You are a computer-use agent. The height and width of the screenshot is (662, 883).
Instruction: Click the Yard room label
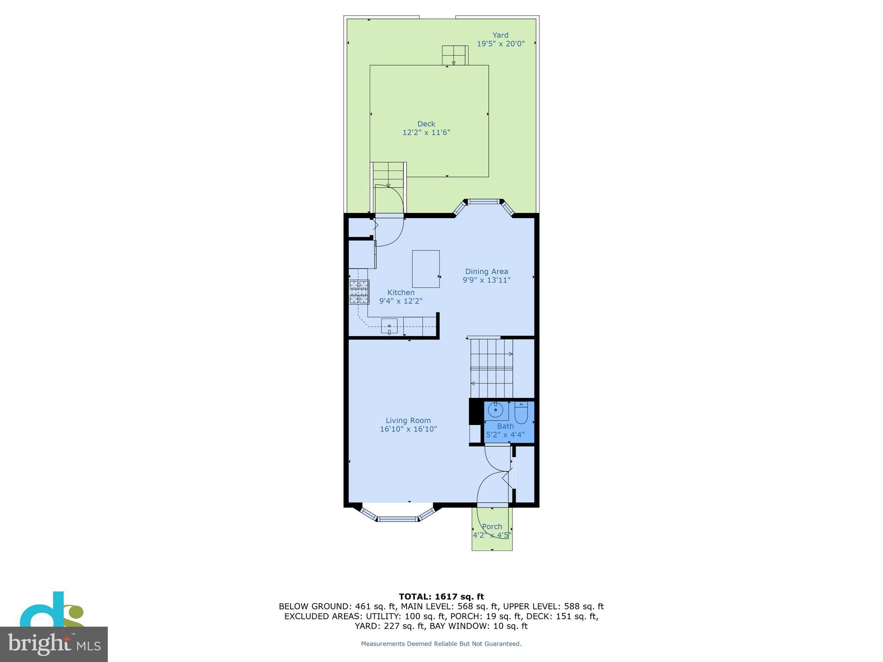point(500,35)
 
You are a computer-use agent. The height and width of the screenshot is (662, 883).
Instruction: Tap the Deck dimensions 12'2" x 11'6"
point(426,133)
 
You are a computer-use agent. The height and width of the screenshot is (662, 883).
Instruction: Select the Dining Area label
point(486,272)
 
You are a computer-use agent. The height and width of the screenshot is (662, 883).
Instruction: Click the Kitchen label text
point(401,293)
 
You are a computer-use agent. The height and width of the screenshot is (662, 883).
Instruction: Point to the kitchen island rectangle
point(426,269)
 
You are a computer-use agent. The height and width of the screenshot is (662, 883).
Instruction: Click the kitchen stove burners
point(359,292)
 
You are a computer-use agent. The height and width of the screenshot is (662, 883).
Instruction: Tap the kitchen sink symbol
point(389,326)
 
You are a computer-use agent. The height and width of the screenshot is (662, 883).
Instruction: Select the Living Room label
point(408,421)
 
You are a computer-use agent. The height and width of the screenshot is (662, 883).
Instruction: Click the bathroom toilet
point(521,413)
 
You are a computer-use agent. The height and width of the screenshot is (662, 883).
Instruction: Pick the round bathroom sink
point(495,410)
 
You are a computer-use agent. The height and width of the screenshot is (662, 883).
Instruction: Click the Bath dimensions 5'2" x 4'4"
point(505,435)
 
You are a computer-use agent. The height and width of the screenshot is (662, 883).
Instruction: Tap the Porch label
point(492,527)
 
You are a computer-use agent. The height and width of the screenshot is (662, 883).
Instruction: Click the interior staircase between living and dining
point(492,368)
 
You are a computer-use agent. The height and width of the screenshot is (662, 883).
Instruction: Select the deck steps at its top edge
point(454,55)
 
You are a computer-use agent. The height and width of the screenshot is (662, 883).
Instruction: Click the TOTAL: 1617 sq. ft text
point(441,597)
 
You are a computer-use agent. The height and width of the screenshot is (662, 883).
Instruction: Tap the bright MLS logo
point(53,644)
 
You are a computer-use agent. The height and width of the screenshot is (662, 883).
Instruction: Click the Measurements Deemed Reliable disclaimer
point(441,644)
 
